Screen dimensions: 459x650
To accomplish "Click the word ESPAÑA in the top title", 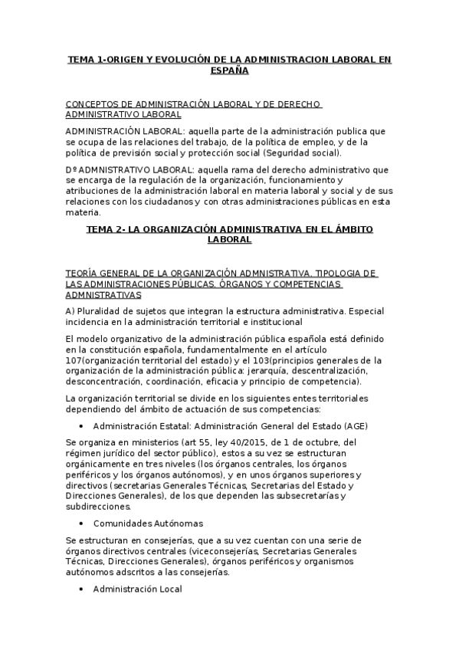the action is pos(229,70).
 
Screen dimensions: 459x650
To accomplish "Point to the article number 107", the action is pos(77,360).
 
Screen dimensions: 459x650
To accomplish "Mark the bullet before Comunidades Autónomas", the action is pos(82,524).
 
